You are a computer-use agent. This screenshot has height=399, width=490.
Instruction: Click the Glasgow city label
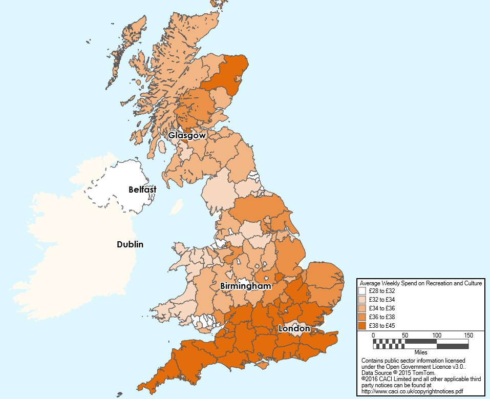(187, 136)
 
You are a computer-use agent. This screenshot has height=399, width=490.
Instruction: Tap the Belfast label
(142, 190)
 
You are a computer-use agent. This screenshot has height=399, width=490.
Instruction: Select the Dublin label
(130, 244)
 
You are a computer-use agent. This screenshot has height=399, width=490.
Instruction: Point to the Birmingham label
(245, 286)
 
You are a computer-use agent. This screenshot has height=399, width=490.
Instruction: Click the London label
(294, 328)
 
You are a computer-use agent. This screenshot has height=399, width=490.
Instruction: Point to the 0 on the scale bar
(373, 335)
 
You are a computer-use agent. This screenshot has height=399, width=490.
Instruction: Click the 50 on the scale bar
(405, 335)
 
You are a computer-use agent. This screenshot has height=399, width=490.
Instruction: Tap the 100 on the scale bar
(436, 335)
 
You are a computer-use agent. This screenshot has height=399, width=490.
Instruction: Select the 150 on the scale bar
(468, 335)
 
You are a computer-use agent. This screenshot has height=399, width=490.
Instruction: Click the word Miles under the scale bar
(421, 352)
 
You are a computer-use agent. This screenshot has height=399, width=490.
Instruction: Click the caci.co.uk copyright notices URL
(413, 391)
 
